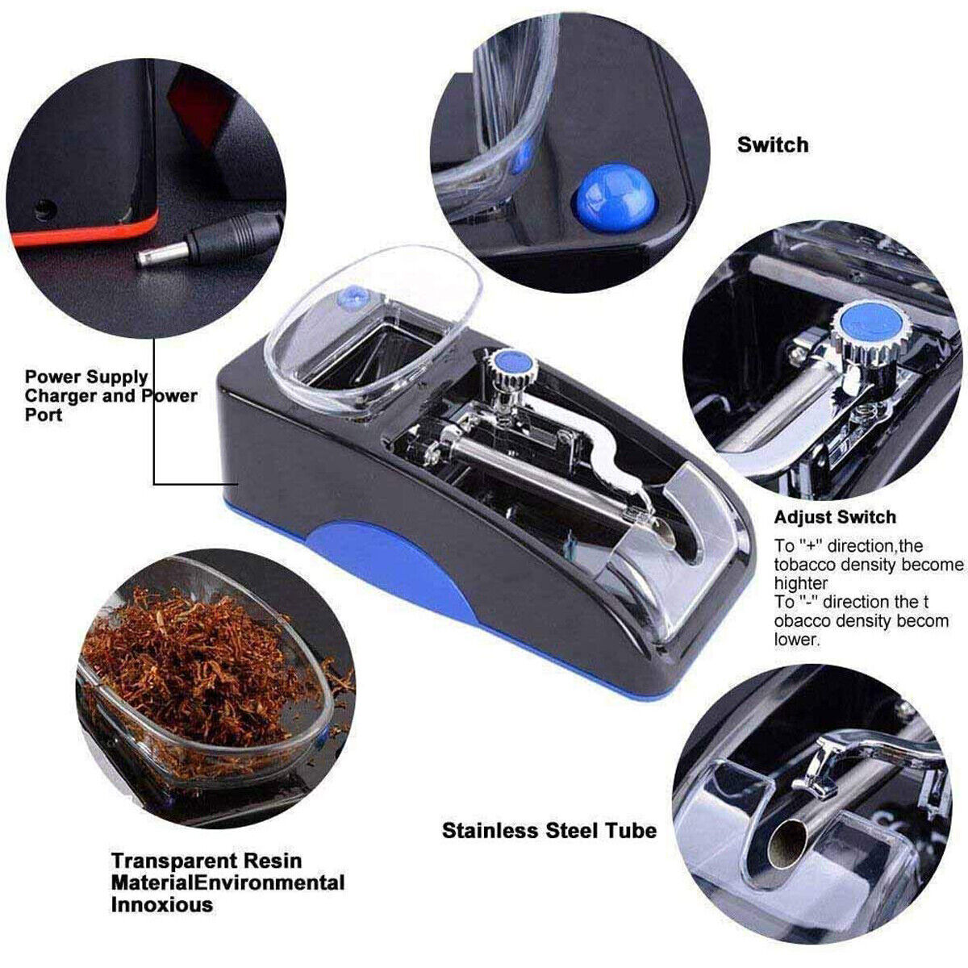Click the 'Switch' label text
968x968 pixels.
(x=772, y=145)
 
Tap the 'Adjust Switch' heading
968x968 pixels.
(x=835, y=517)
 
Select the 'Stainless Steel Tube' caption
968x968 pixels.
(x=549, y=830)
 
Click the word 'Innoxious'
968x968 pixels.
(x=162, y=904)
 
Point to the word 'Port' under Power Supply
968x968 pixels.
(x=43, y=415)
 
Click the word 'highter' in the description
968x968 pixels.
(x=800, y=582)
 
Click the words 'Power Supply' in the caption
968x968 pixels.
(x=86, y=377)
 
